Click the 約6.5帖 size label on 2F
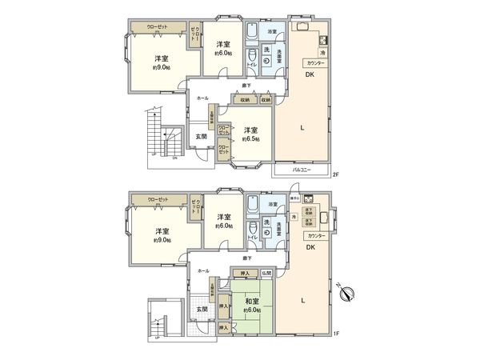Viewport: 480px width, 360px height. pyautogui.click(x=251, y=138)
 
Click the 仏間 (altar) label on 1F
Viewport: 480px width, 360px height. pyautogui.click(x=266, y=274)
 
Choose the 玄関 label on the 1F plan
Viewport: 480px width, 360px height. pyautogui.click(x=202, y=308)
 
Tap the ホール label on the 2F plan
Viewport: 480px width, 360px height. pyautogui.click(x=203, y=98)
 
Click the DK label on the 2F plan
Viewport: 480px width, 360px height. pyautogui.click(x=307, y=75)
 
